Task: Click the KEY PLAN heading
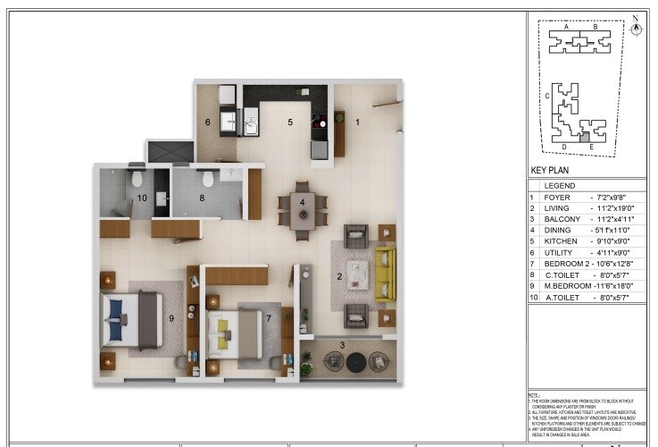point(550,169)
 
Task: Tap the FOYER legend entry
point(557,197)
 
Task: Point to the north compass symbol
point(636,26)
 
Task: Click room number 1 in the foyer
point(358,122)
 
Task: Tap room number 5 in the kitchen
point(289,122)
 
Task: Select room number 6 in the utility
point(207,122)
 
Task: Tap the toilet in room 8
point(207,178)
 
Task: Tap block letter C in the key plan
point(547,93)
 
